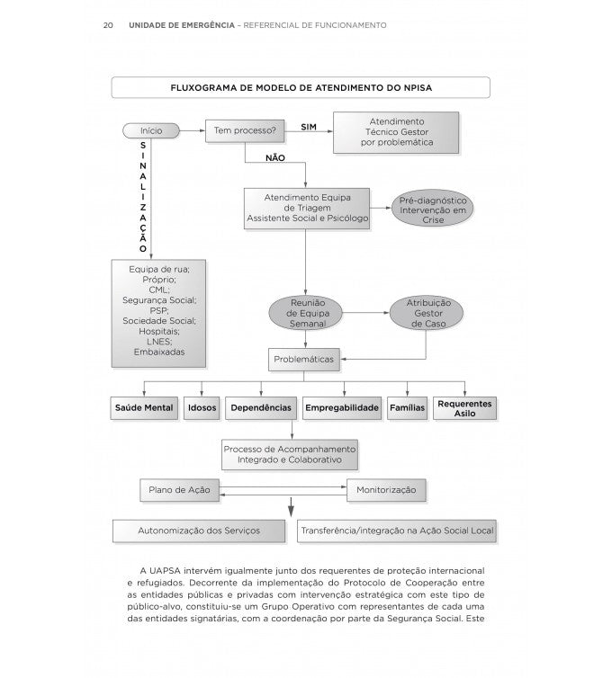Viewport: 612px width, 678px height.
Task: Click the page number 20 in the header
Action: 107,25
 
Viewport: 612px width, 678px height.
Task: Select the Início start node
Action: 151,130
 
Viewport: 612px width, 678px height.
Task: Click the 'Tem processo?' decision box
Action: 244,130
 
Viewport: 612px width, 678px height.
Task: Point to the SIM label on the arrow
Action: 309,128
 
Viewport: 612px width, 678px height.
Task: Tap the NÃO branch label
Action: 275,158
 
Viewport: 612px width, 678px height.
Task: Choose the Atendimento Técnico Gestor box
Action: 396,131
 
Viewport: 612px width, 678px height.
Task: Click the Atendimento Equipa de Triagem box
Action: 306,208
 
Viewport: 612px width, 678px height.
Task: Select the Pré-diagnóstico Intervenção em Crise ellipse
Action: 433,208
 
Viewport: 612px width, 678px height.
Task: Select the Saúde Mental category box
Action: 144,408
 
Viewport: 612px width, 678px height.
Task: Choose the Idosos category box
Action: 202,408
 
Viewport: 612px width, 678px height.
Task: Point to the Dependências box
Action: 260,408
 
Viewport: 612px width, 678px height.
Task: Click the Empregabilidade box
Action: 341,408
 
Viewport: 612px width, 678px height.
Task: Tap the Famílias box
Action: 407,408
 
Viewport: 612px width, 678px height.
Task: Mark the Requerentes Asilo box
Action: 464,408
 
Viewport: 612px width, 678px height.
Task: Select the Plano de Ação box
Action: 180,490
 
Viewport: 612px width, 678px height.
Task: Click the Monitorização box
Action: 386,490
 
